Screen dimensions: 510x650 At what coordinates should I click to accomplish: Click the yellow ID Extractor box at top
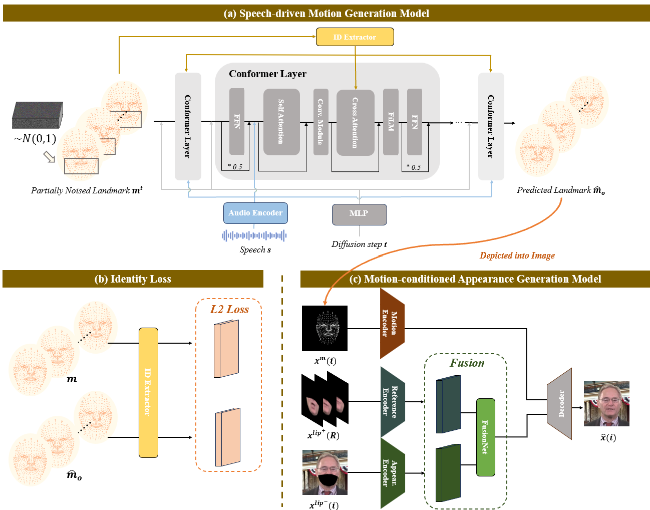click(x=355, y=37)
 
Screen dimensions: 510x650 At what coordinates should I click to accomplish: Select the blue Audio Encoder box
click(x=255, y=213)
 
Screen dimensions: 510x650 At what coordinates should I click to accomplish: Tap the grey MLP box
click(x=359, y=214)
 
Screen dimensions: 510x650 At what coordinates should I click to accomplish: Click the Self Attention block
click(x=281, y=122)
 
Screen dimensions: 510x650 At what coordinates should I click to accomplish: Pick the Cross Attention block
click(x=355, y=122)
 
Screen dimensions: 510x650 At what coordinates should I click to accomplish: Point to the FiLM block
click(x=391, y=122)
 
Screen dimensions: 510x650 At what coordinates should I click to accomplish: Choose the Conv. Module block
click(x=320, y=122)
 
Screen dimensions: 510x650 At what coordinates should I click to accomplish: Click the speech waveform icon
click(x=254, y=235)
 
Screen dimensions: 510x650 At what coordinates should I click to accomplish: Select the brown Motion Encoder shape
click(x=392, y=323)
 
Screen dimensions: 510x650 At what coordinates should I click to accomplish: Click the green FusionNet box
click(x=485, y=437)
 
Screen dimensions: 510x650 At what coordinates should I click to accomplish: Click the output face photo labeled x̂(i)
click(x=606, y=403)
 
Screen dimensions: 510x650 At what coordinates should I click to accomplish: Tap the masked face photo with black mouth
click(x=324, y=472)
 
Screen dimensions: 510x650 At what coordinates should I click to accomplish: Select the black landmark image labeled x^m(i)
click(x=324, y=328)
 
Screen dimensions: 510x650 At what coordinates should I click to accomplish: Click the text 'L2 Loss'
click(x=229, y=310)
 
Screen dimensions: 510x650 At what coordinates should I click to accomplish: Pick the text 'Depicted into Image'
click(x=517, y=256)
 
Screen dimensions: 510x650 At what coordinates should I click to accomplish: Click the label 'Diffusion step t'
click(x=359, y=244)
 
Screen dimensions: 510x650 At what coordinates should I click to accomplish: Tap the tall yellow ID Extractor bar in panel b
click(x=148, y=392)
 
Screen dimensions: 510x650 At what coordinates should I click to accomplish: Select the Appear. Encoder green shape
click(x=392, y=473)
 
